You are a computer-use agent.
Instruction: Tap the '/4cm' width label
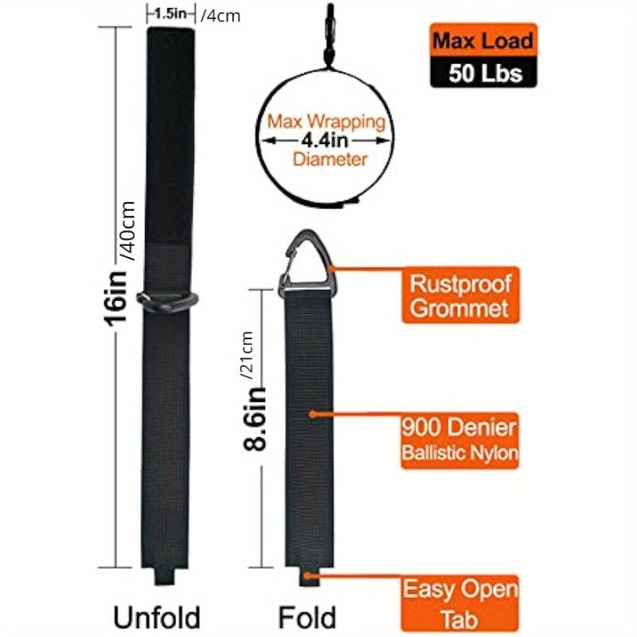[221, 16]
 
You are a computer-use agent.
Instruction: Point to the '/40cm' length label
[127, 231]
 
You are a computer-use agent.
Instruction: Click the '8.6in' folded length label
[255, 420]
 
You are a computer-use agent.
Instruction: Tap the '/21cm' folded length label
[247, 355]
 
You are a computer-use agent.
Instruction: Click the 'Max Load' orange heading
[483, 41]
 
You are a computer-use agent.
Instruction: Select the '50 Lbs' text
[485, 73]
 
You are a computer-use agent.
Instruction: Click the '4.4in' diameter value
[325, 141]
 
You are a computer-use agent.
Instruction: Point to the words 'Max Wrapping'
[326, 122]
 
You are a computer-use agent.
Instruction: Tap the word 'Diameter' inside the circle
[330, 158]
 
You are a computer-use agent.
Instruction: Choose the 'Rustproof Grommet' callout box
[460, 295]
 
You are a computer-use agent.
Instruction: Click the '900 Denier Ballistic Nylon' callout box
[460, 441]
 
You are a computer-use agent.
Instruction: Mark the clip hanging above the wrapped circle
[329, 34]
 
